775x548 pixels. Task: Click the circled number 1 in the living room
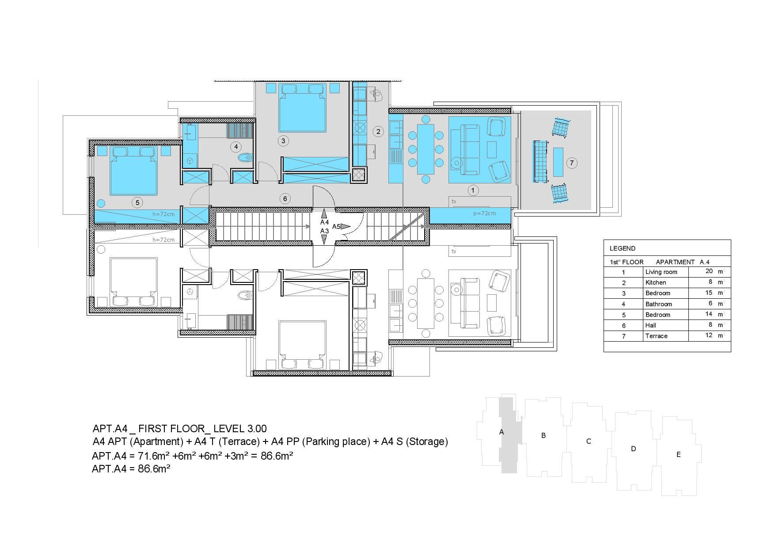[x=473, y=190]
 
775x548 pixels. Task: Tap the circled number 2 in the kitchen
[x=378, y=131]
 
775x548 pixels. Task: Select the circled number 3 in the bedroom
[x=283, y=141]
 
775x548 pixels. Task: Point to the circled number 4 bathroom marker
[x=236, y=147]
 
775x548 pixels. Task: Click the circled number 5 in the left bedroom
[x=137, y=202]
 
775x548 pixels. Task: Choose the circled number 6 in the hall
[x=285, y=199]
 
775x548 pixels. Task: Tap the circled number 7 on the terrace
[x=572, y=163]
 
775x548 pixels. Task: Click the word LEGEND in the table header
[x=622, y=248]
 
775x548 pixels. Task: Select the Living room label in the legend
[x=661, y=272]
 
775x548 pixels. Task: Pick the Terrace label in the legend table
[x=656, y=336]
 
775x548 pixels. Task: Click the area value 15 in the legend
[x=709, y=293]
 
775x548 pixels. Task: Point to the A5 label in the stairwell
[x=336, y=227]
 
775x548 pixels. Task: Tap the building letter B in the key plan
[x=543, y=435]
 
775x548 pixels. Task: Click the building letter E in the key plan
[x=679, y=454]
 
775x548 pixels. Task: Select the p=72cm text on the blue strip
[x=484, y=213]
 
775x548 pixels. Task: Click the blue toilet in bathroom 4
[x=245, y=157]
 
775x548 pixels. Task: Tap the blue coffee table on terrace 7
[x=558, y=162]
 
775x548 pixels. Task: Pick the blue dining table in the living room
[x=425, y=149]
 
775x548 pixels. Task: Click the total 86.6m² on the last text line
[x=154, y=469]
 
